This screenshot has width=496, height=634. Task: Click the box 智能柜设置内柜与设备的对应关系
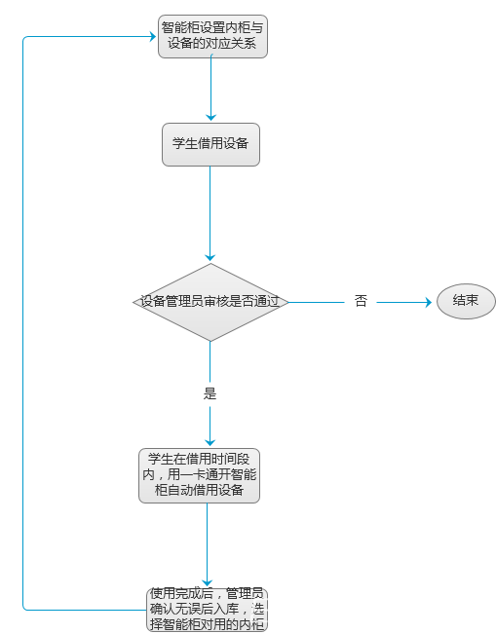pos(212,36)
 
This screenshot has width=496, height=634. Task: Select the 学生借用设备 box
pos(210,144)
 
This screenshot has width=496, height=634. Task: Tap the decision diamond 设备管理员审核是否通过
pos(210,302)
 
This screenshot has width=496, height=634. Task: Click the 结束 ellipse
pos(466,301)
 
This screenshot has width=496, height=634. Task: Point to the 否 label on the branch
pos(361,301)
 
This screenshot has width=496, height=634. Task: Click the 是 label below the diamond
pos(210,393)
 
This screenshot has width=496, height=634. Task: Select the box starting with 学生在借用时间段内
pos(199,476)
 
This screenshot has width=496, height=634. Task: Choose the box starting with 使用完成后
pos(208,610)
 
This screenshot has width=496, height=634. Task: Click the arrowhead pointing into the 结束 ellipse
pos(429,302)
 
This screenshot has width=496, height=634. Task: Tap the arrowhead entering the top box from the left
pos(153,37)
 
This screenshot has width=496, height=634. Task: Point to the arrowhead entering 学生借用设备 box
pos(210,118)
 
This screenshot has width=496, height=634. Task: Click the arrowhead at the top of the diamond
pos(210,258)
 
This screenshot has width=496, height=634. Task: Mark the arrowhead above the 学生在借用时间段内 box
pos(210,443)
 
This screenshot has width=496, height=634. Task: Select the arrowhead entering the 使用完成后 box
pos(208,583)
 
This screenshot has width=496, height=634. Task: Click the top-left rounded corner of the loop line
pos(23,38)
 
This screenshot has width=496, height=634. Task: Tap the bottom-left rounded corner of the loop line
pos(23,609)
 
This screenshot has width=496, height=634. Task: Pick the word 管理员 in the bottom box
pos(245,593)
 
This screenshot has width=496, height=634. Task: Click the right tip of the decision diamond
pos(288,302)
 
